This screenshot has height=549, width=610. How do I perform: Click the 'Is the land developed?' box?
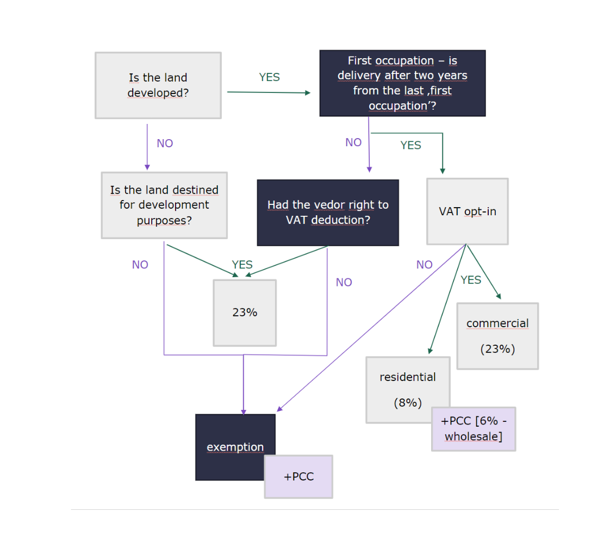pyautogui.click(x=158, y=85)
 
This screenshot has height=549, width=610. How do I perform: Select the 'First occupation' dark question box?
pyautogui.click(x=403, y=83)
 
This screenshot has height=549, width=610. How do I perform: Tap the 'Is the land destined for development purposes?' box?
pyautogui.click(x=164, y=205)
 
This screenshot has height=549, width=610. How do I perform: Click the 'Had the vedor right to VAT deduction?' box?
pyautogui.click(x=328, y=213)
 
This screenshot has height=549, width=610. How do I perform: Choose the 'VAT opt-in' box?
pyautogui.click(x=468, y=211)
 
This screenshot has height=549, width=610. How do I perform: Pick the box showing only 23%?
pyautogui.click(x=245, y=313)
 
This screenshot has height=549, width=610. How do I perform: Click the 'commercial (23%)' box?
pyautogui.click(x=497, y=336)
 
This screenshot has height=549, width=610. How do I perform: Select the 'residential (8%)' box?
pyautogui.click(x=408, y=390)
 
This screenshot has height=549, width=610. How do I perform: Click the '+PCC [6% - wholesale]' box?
pyautogui.click(x=474, y=429)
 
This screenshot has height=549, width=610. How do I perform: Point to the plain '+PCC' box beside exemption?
pyautogui.click(x=299, y=477)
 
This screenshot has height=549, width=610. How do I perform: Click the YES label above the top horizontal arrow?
pyautogui.click(x=269, y=77)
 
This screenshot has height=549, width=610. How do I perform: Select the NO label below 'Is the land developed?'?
pyautogui.click(x=165, y=143)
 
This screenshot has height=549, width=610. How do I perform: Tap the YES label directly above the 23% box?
pyautogui.click(x=242, y=265)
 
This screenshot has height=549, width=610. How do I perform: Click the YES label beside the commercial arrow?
pyautogui.click(x=471, y=280)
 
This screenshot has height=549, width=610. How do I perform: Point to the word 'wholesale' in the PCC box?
pyautogui.click(x=474, y=436)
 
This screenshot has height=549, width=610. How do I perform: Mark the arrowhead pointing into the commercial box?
pyautogui.click(x=499, y=296)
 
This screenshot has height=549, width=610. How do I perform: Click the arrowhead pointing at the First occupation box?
pyautogui.click(x=308, y=92)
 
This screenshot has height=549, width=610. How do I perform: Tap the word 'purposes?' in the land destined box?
pyautogui.click(x=164, y=221)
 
